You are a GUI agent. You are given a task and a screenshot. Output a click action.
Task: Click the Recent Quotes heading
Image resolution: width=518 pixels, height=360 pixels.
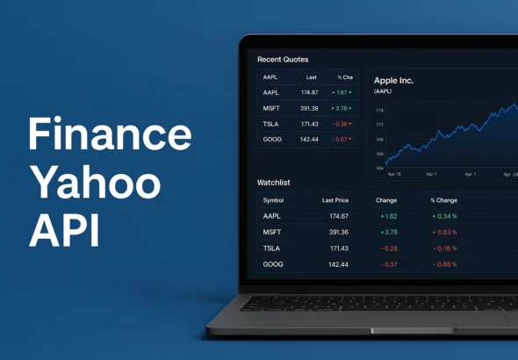coord(283,60)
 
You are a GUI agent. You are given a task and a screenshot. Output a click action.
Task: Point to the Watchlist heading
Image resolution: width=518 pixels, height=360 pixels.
coord(273,183)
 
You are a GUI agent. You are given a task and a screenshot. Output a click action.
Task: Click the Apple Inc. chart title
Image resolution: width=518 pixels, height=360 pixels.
coord(393,81)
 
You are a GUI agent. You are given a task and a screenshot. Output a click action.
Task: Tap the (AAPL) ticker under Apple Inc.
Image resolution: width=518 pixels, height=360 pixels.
coord(383,91)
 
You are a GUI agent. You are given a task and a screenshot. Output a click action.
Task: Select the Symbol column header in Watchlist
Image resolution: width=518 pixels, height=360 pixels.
coord(273,200)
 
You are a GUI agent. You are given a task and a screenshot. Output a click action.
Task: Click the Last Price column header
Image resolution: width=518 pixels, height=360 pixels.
coord(335,200)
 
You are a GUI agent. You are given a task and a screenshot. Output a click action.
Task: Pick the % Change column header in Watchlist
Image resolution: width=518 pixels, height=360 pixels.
coord(443,200)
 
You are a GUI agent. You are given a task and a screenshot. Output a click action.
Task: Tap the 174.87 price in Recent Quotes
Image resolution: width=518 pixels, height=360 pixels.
coord(309,92)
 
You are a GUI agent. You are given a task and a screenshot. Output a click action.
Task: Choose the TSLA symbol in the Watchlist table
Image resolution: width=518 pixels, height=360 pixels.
coord(271,248)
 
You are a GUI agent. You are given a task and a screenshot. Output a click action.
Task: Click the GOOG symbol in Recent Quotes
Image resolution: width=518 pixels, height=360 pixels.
coord(271,140)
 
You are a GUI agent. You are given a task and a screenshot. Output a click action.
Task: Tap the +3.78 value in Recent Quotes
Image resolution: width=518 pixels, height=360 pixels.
coord(340,108)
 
